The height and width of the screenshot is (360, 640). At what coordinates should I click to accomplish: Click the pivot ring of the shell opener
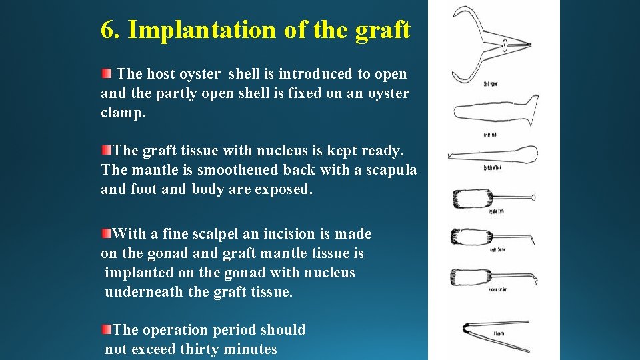[505, 45]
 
